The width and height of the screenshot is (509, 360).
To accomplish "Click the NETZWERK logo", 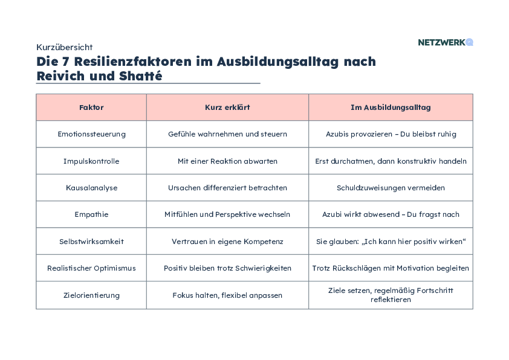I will point(445,42).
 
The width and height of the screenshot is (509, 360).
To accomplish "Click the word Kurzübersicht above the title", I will point(64,47).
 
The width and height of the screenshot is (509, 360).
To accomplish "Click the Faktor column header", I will point(91,108).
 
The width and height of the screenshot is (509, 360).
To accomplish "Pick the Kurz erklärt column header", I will point(227,108).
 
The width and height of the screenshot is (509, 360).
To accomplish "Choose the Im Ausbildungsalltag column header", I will point(391,108).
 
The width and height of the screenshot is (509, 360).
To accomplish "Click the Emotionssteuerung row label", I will point(91,134).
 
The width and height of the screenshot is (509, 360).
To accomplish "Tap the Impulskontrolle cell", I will point(91,161).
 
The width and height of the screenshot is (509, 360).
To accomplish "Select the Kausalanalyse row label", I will point(91,188).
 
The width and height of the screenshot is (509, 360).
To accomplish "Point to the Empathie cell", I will point(91,214).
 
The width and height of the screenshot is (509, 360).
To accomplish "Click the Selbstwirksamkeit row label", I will point(91,241).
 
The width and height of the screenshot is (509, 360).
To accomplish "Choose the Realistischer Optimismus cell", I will point(91,268).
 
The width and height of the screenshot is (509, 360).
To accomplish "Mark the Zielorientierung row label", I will point(91,295).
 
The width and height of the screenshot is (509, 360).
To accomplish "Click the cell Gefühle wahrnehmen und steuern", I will point(227,134).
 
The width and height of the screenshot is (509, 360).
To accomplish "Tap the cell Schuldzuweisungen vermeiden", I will point(391,188).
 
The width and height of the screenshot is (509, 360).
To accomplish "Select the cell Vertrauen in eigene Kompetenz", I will point(227,241).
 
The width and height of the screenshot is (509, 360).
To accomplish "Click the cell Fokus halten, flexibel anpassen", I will point(227,295).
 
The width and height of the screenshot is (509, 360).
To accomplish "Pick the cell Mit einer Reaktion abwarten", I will point(227,161).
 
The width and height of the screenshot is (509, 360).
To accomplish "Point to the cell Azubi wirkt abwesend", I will point(391,214).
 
